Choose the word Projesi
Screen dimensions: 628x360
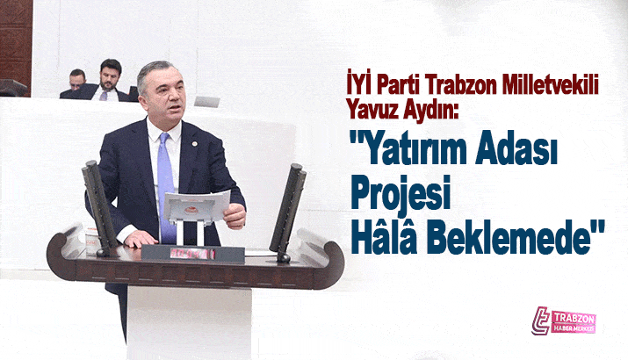click(401, 195)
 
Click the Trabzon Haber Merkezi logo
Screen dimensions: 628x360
click(563, 321)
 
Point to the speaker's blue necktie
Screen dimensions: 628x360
click(165, 184)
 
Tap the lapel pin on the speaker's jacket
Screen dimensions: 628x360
click(194, 143)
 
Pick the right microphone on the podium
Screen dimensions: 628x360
click(287, 211)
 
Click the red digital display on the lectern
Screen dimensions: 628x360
click(192, 254)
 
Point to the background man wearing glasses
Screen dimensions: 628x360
click(76, 83)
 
